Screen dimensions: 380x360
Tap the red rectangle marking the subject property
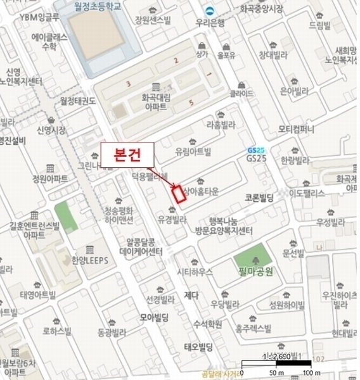coord(179,194)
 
